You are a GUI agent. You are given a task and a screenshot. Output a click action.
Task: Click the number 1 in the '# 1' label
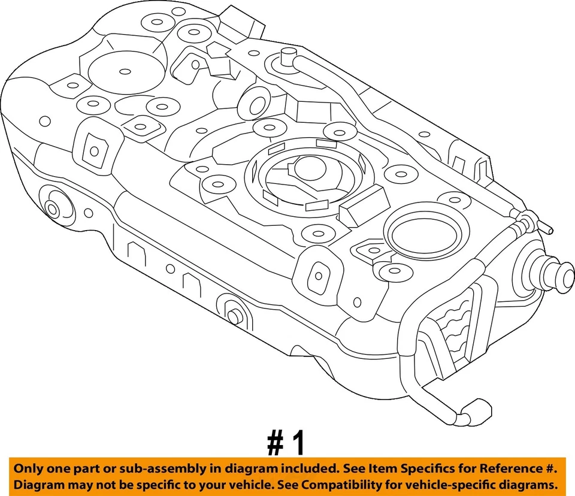click(298, 444)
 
